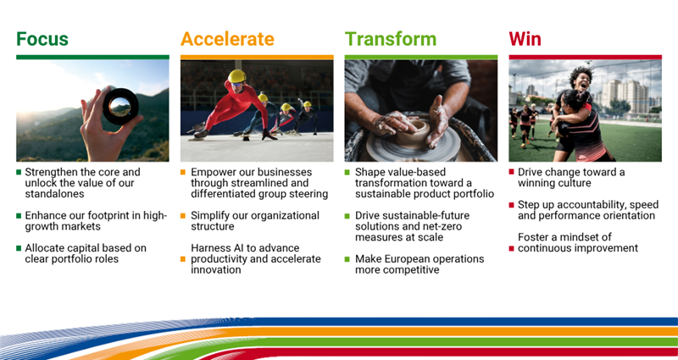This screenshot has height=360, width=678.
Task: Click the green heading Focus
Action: point(42,39)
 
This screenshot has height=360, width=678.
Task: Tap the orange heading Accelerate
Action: point(227,39)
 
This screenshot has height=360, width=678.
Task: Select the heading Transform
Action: point(391,39)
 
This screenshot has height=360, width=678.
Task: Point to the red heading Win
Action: point(525,39)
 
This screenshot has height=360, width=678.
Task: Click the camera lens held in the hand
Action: point(120,106)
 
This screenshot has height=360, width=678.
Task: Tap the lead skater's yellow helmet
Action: point(237,76)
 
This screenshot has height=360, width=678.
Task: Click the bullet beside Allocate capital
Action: point(19,248)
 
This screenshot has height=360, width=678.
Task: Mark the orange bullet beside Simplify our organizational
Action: point(183,216)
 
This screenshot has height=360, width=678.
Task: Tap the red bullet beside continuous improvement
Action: point(512,248)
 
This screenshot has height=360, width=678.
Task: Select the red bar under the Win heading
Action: point(585,57)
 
